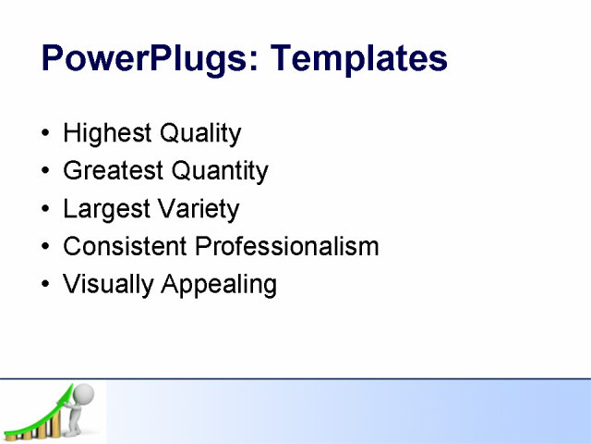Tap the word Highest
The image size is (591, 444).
pos(107,134)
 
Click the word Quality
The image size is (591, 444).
pos(200,134)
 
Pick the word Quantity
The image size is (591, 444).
pos(218,171)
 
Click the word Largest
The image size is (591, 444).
pos(104,209)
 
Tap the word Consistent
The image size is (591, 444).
pos(126,247)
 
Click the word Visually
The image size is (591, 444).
pos(108,285)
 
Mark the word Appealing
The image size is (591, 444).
pos(219,285)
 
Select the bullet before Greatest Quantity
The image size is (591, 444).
pos(47,172)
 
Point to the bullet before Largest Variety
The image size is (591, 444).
pos(47,210)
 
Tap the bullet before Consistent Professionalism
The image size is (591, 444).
pos(47,248)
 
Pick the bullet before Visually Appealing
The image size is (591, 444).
pos(47,285)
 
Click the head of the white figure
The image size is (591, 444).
pos(84,392)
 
